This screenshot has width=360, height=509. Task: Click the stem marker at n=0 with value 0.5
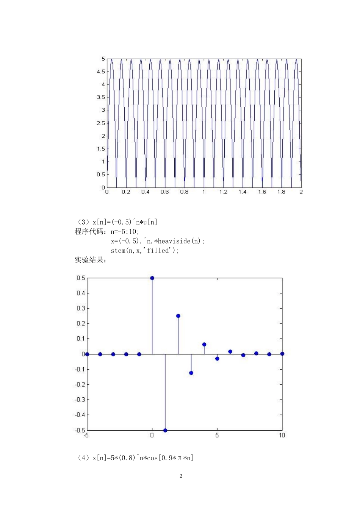point(152,278)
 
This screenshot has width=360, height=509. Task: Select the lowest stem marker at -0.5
point(165,430)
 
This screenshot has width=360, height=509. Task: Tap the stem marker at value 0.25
point(178,316)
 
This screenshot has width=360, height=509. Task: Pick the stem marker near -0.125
point(191,373)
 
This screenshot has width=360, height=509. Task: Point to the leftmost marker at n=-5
point(87,354)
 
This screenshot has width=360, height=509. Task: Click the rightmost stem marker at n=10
point(282,354)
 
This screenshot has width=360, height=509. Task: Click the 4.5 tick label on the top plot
point(101,72)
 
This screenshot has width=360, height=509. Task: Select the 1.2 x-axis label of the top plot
point(223,192)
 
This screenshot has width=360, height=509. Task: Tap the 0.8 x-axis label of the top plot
point(184,192)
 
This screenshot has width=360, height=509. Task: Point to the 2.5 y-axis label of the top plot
point(101,123)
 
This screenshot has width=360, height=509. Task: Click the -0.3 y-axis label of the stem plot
point(80,400)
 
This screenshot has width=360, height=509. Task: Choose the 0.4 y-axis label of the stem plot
point(81,293)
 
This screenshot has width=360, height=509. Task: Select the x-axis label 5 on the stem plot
point(217,436)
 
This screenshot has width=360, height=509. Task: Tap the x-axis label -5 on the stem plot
point(86,436)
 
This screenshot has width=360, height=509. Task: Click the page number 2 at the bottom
point(181,476)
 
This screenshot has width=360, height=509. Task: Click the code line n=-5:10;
point(125,232)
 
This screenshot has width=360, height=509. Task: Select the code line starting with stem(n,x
point(145,250)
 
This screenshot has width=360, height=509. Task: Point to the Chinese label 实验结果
point(90,260)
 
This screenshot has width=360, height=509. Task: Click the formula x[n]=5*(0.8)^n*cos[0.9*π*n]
point(142,458)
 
